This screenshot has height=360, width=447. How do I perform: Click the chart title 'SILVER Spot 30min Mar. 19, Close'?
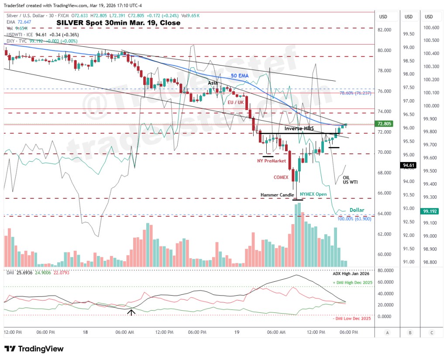[x=118, y=23]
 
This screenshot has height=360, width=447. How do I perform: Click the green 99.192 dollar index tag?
[x=429, y=211]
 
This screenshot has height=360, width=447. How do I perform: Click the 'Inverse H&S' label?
[x=299, y=128]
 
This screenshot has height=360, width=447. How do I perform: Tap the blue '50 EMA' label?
[x=240, y=76]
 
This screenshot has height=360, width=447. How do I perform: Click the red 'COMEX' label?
[x=281, y=177]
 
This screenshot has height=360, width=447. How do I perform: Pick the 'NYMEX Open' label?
[x=313, y=194]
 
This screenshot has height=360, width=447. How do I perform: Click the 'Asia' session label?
[x=213, y=83]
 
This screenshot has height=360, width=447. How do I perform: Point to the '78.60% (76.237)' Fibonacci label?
[x=355, y=93]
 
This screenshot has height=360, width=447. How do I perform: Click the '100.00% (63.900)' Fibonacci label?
[x=354, y=218]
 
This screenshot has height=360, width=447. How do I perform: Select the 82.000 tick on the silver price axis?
[x=384, y=30]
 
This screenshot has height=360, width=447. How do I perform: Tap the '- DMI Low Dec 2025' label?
[x=351, y=318]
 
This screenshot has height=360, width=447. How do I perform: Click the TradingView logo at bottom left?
[x=34, y=349]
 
